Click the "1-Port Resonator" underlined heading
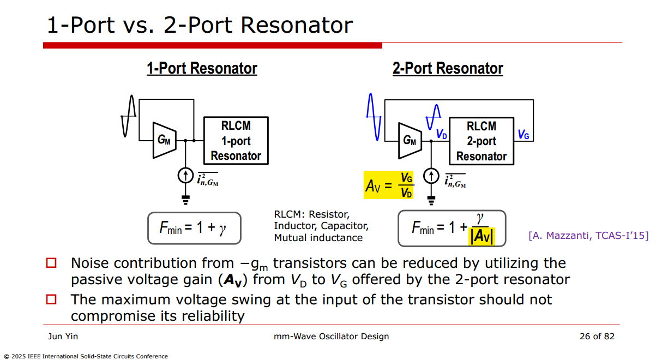[202, 69]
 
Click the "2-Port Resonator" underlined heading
[448, 69]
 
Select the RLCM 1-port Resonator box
[236, 141]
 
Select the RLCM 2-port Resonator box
[482, 141]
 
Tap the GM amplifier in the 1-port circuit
[164, 140]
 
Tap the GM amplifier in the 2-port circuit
[410, 141]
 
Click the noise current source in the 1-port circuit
[185, 176]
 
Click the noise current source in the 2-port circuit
[431, 176]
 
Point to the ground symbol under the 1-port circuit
[185, 200]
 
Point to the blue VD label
[441, 134]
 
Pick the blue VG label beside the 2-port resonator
[523, 134]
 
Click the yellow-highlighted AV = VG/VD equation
[389, 185]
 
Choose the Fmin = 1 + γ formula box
[194, 228]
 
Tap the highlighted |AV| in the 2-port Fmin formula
[482, 236]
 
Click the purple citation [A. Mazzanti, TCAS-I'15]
[588, 236]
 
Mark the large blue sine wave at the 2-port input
[374, 117]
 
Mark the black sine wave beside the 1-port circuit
[128, 116]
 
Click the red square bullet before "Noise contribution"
[51, 263]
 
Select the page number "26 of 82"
[597, 337]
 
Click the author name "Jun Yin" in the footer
[63, 337]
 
